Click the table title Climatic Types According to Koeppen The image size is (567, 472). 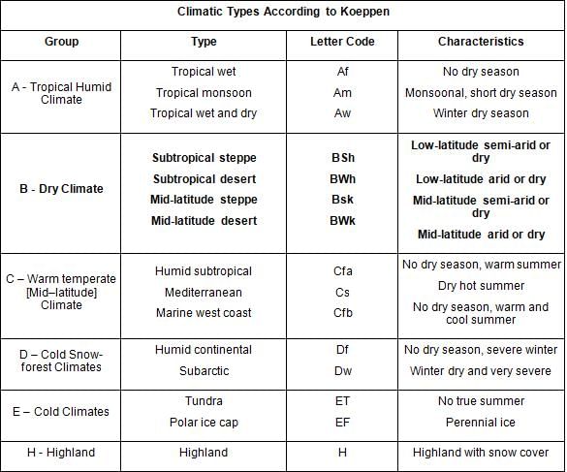(283, 12)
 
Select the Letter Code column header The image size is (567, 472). (342, 42)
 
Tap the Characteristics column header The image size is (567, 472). (481, 42)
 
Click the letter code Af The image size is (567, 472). (342, 72)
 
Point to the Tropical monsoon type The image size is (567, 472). (204, 93)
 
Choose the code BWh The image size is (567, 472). (342, 179)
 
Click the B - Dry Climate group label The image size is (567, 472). (61, 189)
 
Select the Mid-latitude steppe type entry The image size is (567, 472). (204, 200)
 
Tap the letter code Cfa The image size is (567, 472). (342, 271)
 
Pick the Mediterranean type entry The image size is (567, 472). (204, 293)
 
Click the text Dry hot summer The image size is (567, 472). (481, 286)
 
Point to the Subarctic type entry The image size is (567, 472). (204, 371)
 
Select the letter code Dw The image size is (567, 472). (342, 371)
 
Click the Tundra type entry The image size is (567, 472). (204, 400)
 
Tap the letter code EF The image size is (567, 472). (342, 423)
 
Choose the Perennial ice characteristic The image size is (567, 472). (481, 423)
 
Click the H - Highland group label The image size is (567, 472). (61, 453)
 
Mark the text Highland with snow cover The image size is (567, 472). (481, 453)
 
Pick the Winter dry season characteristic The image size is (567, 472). (481, 113)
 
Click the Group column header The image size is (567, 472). (61, 42)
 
